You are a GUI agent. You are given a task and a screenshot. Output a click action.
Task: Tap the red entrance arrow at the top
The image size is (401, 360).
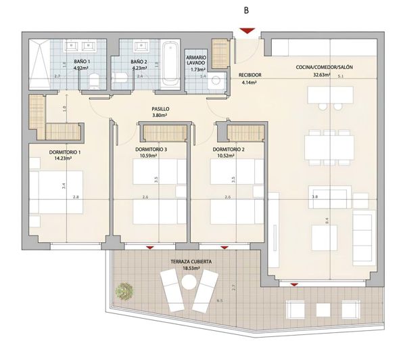(x=247, y=30)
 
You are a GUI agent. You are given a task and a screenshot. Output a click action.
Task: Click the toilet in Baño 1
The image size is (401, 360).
(x=95, y=81)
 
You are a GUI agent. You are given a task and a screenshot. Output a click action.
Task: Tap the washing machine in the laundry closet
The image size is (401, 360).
(x=216, y=82)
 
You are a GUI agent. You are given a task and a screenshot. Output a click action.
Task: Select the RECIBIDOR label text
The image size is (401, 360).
(x=250, y=75)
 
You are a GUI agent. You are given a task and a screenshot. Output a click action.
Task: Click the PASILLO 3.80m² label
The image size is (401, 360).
(x=160, y=112)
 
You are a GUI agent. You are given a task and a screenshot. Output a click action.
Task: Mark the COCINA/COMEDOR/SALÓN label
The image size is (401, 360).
(x=323, y=68)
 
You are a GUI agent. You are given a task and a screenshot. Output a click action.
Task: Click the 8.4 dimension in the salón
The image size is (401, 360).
(x=327, y=221)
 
